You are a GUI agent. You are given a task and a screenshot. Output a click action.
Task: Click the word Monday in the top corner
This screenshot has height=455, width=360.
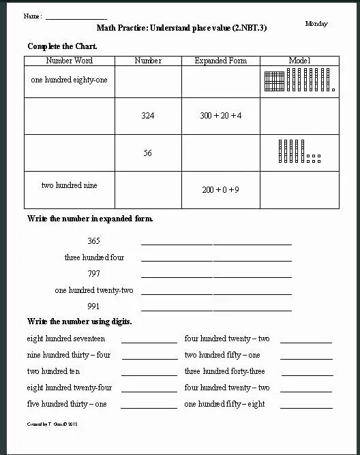pos(316,24)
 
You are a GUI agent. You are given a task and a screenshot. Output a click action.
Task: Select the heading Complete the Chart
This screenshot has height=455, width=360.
pos(62,46)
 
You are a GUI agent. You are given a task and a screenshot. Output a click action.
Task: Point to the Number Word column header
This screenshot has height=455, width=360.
pos(69,61)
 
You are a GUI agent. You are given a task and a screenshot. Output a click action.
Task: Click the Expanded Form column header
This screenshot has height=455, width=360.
pos(220,61)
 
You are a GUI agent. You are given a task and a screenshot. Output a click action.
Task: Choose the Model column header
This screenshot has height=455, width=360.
pos(299,61)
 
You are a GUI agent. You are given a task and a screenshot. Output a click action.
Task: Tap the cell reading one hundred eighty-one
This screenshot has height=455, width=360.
pos(69,80)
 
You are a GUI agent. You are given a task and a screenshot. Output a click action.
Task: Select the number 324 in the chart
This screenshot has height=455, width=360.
pos(147,116)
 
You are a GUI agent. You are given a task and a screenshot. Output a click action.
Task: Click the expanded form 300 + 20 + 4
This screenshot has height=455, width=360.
pos(220,116)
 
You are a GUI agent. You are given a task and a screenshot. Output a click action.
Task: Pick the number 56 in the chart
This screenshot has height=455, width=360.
pos(147,153)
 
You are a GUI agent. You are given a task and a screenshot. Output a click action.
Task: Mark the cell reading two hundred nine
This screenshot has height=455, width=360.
pos(69,185)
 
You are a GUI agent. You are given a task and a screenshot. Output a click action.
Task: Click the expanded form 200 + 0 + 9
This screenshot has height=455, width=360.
pos(220,190)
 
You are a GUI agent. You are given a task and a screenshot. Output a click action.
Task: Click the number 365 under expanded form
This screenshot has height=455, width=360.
pos(94,241)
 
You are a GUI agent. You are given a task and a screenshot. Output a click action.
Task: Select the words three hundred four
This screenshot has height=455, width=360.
pos(94,257)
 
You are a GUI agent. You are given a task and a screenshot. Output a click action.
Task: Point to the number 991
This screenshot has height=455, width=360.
pos(94,306)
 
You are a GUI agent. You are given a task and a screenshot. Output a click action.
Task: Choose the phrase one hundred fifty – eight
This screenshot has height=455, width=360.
pos(224,404)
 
